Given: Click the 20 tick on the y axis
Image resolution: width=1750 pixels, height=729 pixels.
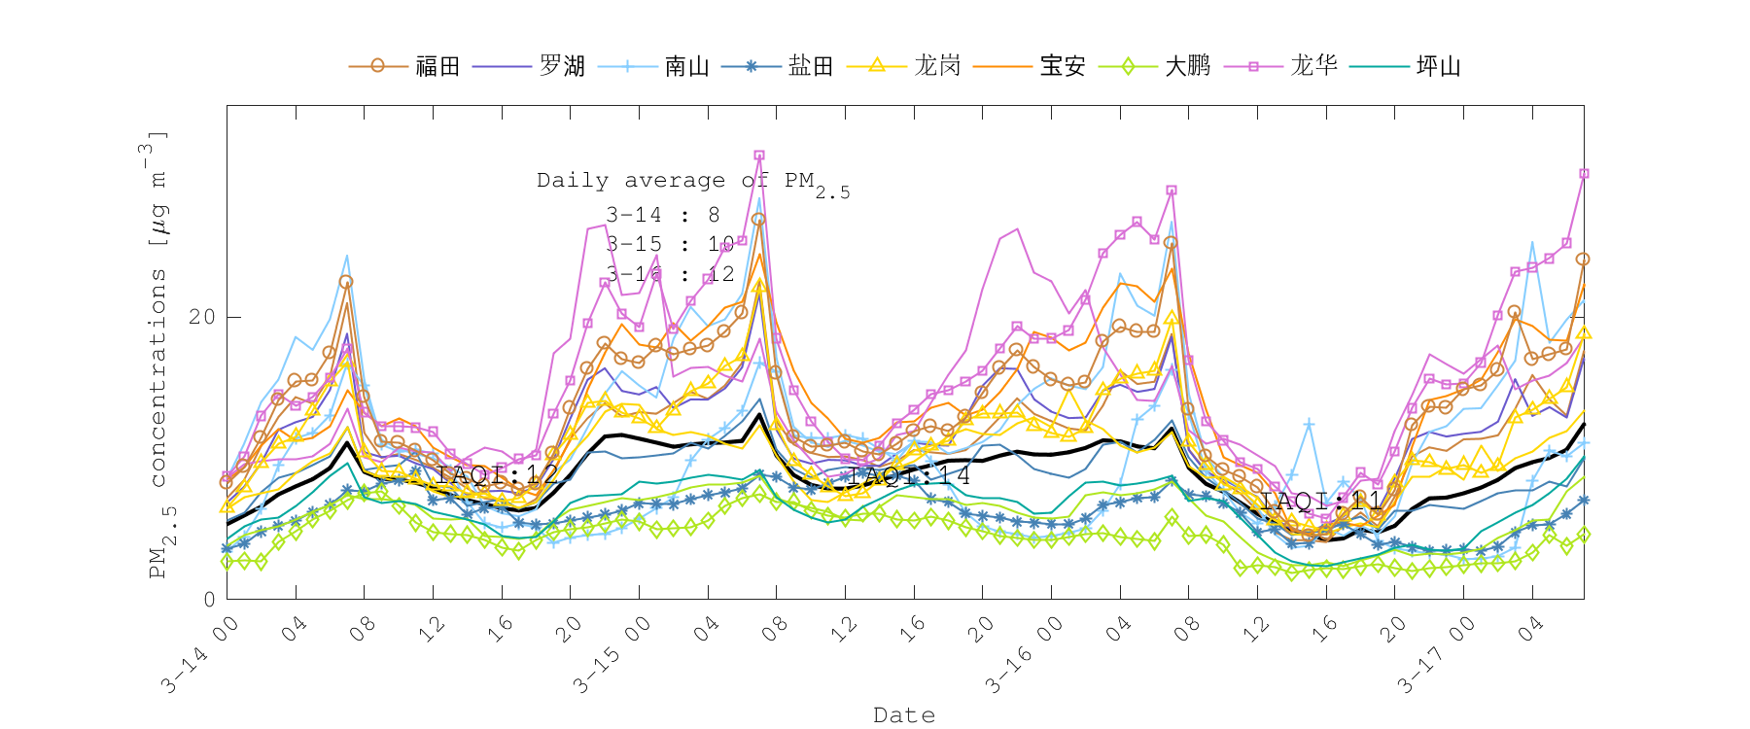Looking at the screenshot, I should pyautogui.click(x=202, y=317).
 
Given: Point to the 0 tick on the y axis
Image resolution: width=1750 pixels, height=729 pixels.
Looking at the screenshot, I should pyautogui.click(x=209, y=599).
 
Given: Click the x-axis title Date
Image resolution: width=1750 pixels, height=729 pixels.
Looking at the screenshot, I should pyautogui.click(x=904, y=715).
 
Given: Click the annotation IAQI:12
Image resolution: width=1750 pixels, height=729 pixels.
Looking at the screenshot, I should pyautogui.click(x=497, y=475).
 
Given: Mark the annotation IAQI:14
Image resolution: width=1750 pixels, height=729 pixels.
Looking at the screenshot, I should pyautogui.click(x=908, y=475).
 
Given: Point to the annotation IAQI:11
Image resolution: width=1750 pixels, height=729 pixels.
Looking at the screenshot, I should pyautogui.click(x=1321, y=502).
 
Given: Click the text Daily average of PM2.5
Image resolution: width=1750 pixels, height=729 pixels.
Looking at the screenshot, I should pyautogui.click(x=692, y=182).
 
